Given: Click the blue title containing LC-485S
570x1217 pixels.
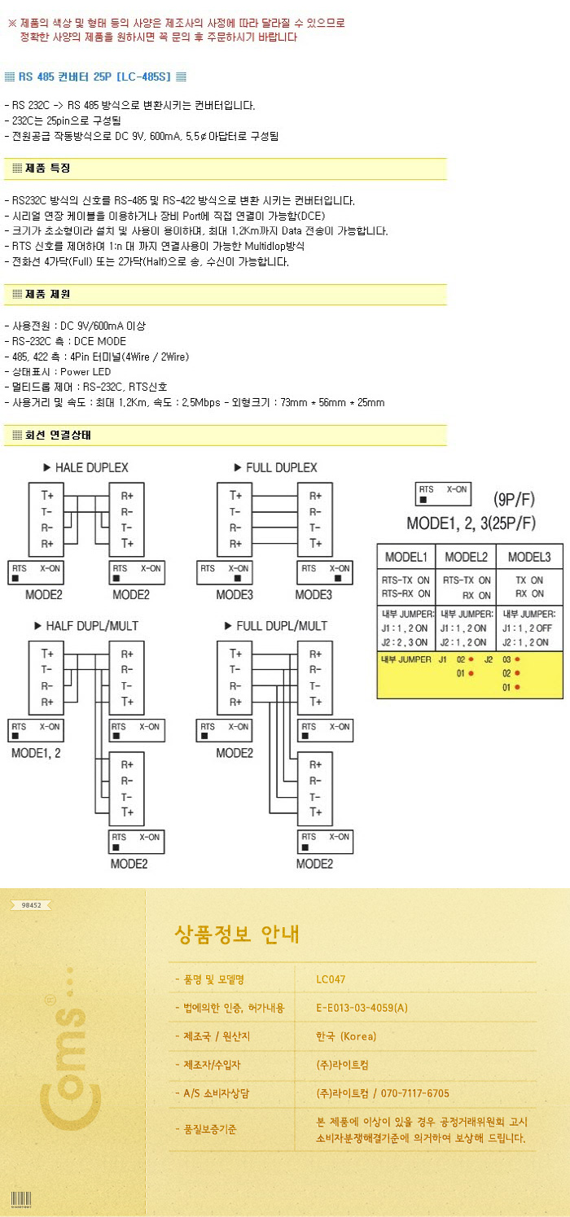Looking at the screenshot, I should [x=96, y=77].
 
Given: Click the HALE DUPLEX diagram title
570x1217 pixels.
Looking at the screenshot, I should [x=85, y=468].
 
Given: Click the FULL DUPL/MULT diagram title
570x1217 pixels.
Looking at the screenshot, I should [x=275, y=625].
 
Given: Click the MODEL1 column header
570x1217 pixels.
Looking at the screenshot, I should [x=406, y=557].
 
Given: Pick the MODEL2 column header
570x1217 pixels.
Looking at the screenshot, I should [x=466, y=557].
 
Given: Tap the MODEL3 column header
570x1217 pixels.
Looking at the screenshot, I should [x=528, y=557].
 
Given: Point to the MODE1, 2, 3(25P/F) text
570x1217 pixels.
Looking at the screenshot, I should [x=471, y=523].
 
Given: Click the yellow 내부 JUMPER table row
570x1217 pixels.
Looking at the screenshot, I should [x=469, y=674].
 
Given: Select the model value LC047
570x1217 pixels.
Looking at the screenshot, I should [x=331, y=979].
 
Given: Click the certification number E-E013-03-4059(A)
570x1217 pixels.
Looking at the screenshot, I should [x=362, y=1008].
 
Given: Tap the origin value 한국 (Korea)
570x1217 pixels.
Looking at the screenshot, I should [x=346, y=1036].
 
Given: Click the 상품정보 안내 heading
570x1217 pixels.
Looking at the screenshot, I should [x=237, y=934].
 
